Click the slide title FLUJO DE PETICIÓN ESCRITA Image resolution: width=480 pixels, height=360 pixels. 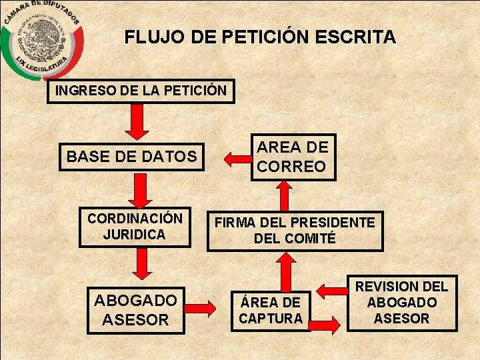(x=260, y=37)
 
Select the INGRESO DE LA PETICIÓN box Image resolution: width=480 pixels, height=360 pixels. (x=141, y=91)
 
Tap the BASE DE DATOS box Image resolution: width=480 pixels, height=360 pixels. (x=131, y=157)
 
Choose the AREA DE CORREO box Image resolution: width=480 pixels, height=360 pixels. (x=293, y=157)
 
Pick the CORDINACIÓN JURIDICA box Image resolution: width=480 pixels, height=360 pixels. (x=135, y=227)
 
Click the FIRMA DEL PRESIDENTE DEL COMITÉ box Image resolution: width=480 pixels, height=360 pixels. (x=295, y=230)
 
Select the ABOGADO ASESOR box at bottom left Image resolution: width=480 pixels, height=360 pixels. (x=135, y=310)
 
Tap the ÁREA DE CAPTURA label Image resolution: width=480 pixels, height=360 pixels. (x=271, y=310)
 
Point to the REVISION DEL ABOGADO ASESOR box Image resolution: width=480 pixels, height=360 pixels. (x=402, y=303)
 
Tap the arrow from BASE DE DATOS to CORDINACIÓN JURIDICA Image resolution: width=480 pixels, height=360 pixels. (x=137, y=191)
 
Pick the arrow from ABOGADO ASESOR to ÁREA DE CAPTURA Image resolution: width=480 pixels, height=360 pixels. (x=200, y=308)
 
